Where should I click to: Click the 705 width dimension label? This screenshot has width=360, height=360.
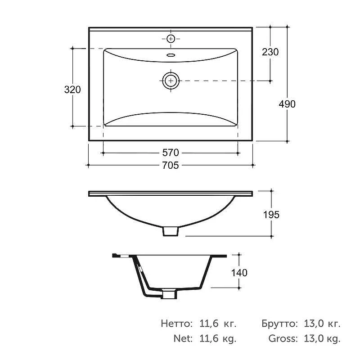pos(171,165)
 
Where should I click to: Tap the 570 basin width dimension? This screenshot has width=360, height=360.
pos(171,153)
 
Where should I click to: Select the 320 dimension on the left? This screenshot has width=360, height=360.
pos(72,90)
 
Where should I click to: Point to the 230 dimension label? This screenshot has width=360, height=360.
pos(270,52)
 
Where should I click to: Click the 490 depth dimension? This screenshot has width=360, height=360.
pos(287,104)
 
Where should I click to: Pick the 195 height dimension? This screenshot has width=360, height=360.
pos(271,215)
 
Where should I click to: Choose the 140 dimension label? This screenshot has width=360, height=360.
pos(239,273)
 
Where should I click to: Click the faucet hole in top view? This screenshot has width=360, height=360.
pos(171,39)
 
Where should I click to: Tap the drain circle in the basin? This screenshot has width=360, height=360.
pos(171,81)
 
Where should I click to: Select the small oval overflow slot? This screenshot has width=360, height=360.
pos(171,55)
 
